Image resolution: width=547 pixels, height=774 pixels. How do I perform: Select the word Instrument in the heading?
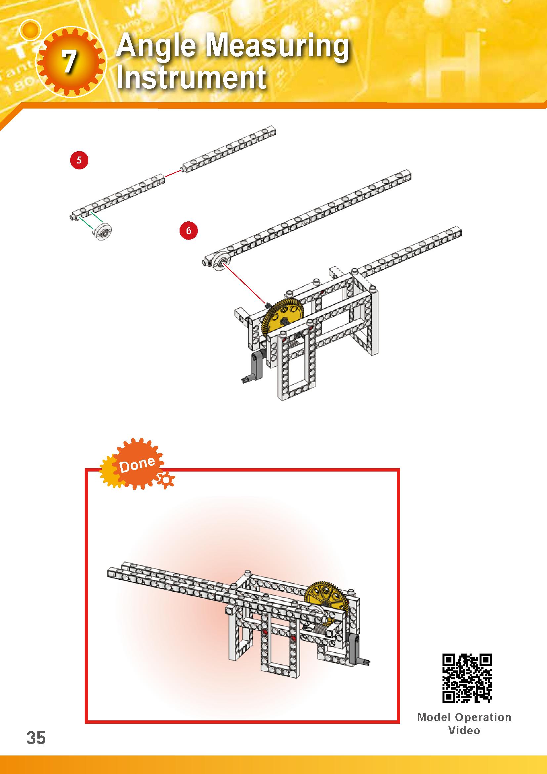191,78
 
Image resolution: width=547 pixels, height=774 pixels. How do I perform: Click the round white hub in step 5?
103,232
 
